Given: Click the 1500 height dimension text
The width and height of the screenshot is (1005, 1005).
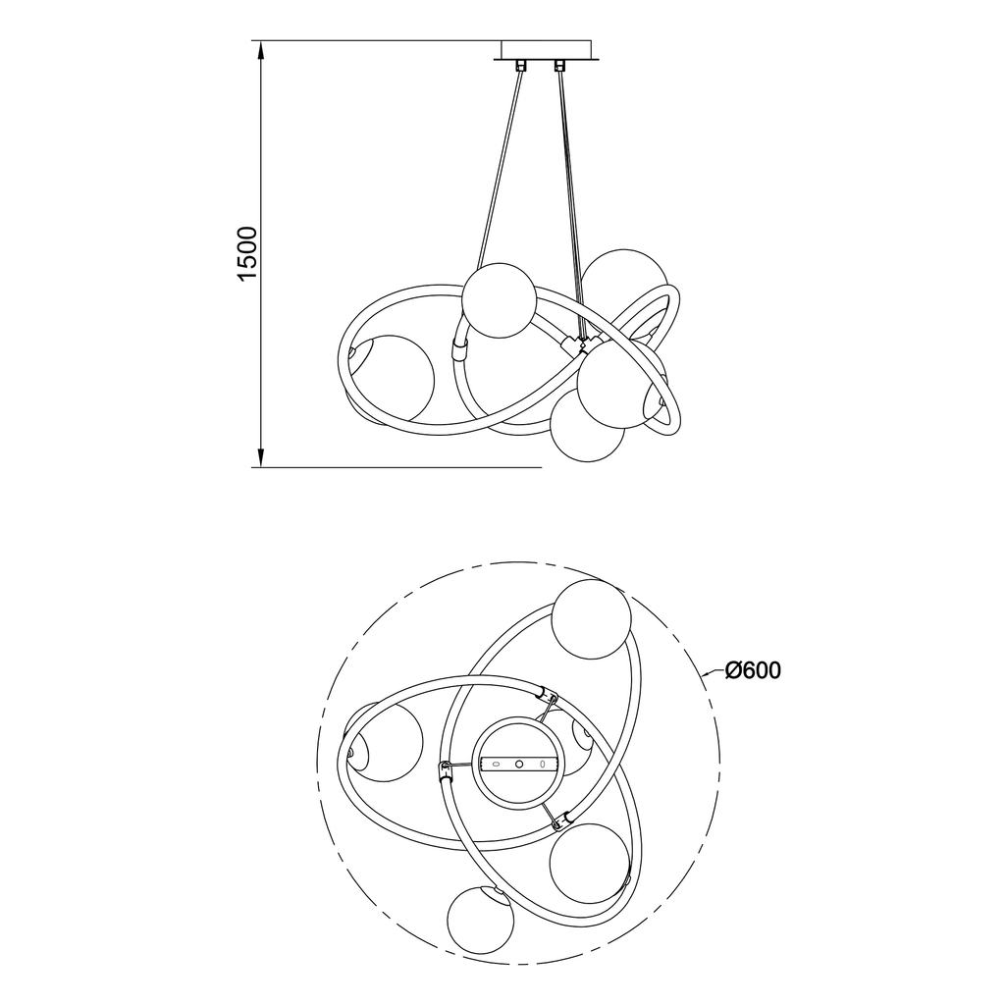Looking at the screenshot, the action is [x=247, y=253].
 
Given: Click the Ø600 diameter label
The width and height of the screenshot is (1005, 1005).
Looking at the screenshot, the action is [x=753, y=670].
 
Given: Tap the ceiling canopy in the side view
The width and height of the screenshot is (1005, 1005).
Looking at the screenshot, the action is [x=546, y=51].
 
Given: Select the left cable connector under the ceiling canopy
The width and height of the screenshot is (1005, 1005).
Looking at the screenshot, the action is [x=520, y=65].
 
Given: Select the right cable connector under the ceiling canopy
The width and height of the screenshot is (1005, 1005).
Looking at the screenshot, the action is [x=560, y=65].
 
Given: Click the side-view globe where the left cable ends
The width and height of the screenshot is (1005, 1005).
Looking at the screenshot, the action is [x=499, y=300].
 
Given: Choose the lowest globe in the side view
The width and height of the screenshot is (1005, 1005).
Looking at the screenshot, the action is [x=588, y=425].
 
